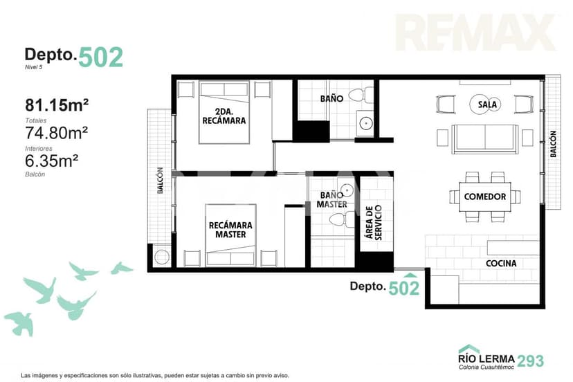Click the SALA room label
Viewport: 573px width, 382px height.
tap(487, 104)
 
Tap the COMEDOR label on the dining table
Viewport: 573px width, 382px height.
tap(485, 197)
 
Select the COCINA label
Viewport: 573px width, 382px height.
tap(501, 263)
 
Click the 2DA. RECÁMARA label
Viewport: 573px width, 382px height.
tap(224, 116)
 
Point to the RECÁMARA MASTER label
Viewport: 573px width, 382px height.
tap(230, 230)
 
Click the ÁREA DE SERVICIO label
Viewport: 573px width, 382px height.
tap(374, 222)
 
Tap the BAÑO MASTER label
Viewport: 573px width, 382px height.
tap(331, 199)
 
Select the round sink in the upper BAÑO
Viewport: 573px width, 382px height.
tap(365, 124)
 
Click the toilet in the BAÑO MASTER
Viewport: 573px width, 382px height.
tap(342, 219)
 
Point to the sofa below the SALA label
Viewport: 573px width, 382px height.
tap(485, 139)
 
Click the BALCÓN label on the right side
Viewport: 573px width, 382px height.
tap(553, 144)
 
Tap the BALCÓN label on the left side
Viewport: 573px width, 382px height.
tap(160, 180)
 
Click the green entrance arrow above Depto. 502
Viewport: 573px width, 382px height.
tap(411, 275)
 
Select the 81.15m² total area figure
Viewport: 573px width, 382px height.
tap(57, 105)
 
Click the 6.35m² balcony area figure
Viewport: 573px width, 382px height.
tap(51, 161)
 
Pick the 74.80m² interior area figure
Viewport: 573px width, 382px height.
tap(56, 133)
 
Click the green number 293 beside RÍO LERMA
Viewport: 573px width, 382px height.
tap(531, 361)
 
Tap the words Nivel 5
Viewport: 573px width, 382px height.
tap(34, 67)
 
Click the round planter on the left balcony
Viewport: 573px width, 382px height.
tap(162, 257)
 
